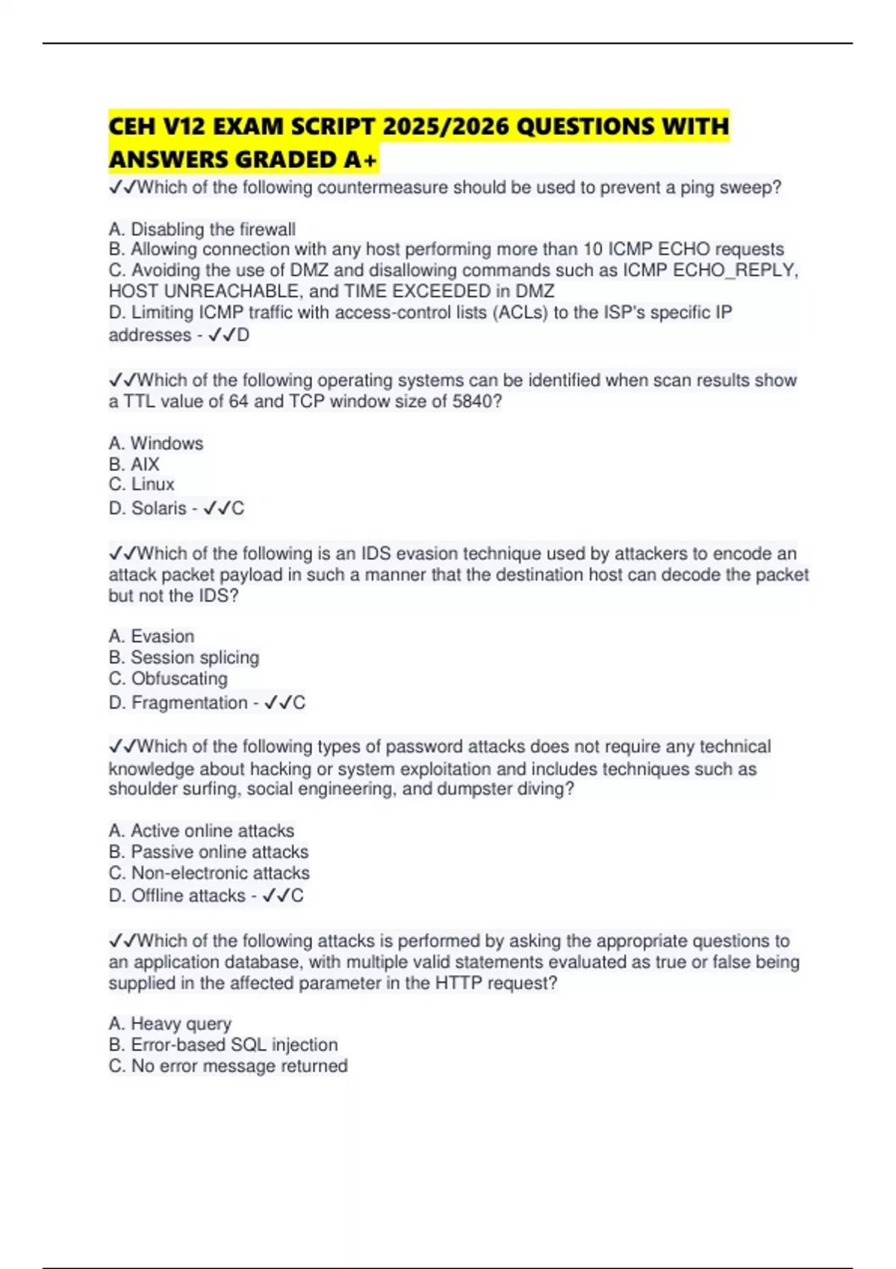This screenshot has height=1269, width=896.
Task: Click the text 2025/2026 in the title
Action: pos(444,126)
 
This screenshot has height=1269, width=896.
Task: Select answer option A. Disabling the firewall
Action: pos(202,229)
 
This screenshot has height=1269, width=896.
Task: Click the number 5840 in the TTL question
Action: pos(473,402)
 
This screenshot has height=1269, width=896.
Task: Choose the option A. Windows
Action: pos(155,443)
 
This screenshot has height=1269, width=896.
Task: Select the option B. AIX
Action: pos(134,464)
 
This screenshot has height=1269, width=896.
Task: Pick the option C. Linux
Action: pos(141,484)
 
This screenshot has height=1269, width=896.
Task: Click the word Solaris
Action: pos(158,508)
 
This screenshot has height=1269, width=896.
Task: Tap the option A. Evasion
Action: pos(151,637)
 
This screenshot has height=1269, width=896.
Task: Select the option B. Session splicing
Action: pos(184,658)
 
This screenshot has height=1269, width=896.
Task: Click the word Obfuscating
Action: pos(179,679)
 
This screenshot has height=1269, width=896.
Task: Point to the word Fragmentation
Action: pos(189,702)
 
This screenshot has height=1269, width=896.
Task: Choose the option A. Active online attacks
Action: pos(201,831)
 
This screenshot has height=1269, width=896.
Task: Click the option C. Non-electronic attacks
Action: pos(208,873)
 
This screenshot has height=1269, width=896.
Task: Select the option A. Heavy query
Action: pos(169,1024)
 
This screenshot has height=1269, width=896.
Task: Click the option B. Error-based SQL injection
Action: pos(223,1045)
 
